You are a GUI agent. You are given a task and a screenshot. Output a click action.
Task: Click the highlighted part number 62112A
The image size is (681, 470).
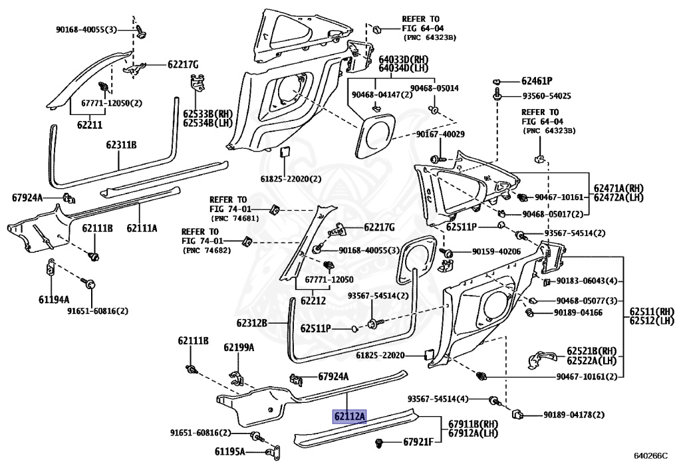[x=350, y=417]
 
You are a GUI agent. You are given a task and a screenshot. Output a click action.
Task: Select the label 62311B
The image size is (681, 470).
[x=121, y=145]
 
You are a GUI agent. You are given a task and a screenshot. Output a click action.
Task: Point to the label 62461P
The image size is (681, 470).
[x=537, y=81]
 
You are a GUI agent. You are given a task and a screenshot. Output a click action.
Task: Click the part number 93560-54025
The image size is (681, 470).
[x=547, y=96]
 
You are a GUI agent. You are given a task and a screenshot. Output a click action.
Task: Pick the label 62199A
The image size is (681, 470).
[x=239, y=348]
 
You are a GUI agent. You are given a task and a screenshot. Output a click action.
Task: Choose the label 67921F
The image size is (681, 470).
[x=418, y=442]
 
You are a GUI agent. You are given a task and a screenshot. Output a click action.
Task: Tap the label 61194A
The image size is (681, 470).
[x=54, y=299]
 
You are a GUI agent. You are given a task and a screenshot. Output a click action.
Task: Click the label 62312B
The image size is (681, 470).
[x=251, y=323]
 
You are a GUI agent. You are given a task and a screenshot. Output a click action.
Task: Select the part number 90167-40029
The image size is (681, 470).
[x=440, y=134]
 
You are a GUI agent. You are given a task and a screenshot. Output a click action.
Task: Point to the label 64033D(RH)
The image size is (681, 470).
[x=404, y=59]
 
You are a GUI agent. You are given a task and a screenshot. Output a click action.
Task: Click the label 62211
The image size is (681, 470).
[x=90, y=125]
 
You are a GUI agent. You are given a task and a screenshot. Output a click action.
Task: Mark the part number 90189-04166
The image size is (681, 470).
[x=578, y=313]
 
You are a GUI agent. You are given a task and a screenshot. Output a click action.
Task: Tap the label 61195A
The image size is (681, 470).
[x=229, y=452]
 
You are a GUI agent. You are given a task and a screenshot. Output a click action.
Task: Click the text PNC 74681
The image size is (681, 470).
[x=235, y=219]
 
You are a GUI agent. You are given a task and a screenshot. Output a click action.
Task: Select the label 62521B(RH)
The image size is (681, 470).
[x=591, y=350]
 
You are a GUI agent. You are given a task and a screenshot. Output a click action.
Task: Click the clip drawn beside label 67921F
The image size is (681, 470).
[x=379, y=443]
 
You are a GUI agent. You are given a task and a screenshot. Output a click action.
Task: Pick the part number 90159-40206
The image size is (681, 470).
[x=496, y=252]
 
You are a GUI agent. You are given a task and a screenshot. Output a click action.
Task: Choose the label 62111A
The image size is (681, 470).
[x=142, y=228]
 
